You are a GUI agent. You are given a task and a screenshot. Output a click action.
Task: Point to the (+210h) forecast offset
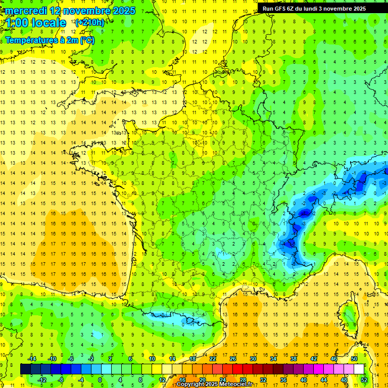(89, 23)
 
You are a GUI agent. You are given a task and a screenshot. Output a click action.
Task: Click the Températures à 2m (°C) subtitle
(50, 40)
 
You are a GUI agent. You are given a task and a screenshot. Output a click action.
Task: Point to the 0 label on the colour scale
(100, 379)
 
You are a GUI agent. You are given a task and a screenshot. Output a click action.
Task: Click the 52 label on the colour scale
(364, 379)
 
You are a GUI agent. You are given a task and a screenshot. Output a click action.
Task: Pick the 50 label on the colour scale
(354, 359)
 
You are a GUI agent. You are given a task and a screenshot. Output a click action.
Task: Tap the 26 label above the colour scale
(233, 359)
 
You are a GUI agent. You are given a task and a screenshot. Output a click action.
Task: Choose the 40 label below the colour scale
(304, 379)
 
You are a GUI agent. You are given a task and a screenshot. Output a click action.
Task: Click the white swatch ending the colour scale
(359, 369)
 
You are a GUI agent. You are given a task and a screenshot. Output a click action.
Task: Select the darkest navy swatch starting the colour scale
(25, 369)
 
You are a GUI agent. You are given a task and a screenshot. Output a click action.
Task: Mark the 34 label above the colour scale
(273, 359)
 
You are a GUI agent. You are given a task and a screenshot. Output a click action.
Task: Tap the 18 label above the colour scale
(192, 359)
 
